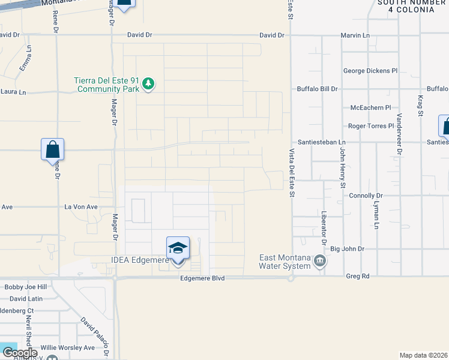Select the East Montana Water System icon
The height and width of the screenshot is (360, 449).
point(320,262)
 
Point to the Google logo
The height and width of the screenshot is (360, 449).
point(19,353)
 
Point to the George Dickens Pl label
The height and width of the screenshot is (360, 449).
point(370,71)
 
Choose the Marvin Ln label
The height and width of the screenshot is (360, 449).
point(355,35)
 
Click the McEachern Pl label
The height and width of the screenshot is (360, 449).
point(370,108)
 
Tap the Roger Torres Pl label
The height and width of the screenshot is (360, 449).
point(371,126)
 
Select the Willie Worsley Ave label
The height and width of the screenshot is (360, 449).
point(67,347)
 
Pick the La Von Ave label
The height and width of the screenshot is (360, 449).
point(81,207)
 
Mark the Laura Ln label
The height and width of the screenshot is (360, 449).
point(14,92)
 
